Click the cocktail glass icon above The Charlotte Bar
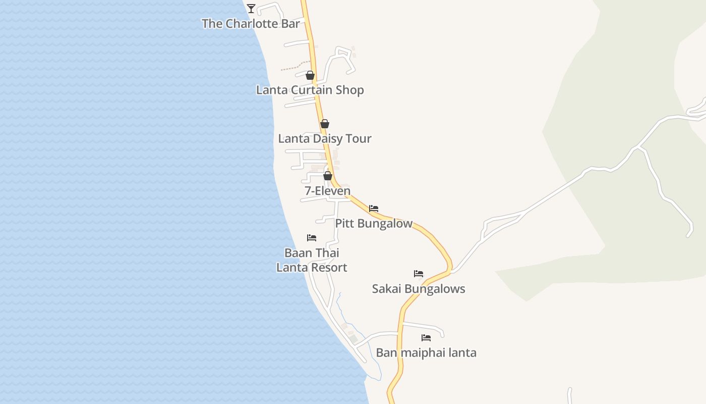(x=251, y=8)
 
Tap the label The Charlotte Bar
(x=251, y=24)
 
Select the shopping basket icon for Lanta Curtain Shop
(x=310, y=75)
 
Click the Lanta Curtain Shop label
(x=310, y=90)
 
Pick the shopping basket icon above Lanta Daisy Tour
(x=325, y=124)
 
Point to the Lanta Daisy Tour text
(x=325, y=138)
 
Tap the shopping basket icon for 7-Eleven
(x=328, y=176)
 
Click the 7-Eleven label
(x=327, y=191)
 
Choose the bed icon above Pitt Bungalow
(x=374, y=208)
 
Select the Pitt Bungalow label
(x=374, y=223)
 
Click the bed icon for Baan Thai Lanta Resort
(x=312, y=237)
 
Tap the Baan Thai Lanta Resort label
(x=312, y=260)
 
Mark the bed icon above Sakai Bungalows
(x=419, y=274)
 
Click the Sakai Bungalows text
(x=419, y=289)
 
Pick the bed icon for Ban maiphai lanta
(x=426, y=337)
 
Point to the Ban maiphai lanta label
(x=426, y=352)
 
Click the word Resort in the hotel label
(x=329, y=268)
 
